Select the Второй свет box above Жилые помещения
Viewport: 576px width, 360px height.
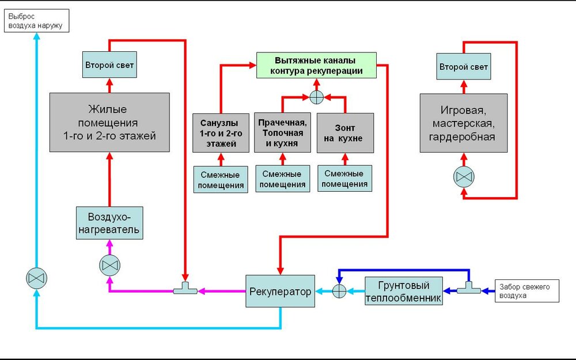coord(109,65)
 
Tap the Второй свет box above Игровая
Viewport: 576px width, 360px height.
coord(463,67)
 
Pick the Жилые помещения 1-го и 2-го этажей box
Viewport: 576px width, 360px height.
coord(109,122)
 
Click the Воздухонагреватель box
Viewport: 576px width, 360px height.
coord(109,223)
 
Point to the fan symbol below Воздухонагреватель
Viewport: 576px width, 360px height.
coord(109,265)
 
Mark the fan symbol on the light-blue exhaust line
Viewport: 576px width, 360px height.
coord(37,279)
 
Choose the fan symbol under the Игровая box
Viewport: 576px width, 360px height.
coord(463,177)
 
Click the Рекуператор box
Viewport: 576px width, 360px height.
coord(281,291)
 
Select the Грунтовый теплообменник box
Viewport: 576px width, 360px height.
coord(404,291)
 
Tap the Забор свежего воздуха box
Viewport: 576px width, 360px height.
coord(526,291)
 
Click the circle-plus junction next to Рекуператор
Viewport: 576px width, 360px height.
coord(340,291)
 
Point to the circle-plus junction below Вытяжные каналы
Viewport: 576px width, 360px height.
coord(316,96)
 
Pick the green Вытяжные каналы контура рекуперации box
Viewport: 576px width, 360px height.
coord(316,66)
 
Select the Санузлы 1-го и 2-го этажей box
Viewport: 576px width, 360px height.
coord(221,133)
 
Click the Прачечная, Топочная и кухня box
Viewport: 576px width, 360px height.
coord(282,133)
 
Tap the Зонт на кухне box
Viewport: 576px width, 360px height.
coord(345,133)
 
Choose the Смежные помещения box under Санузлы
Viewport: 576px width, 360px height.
coord(221,179)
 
